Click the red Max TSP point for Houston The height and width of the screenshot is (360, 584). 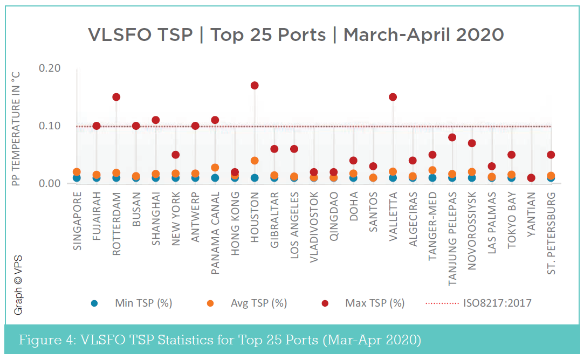pos(255,85)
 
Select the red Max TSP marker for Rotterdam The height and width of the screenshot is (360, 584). pos(116,97)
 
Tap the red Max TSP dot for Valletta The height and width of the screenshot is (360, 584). pos(393,97)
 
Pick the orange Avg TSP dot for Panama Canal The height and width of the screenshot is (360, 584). pos(215,168)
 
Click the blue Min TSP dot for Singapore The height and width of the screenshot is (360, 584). pos(77,178)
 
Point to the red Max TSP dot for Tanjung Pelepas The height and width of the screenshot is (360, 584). pos(452,137)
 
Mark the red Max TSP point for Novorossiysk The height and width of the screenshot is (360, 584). pos(472,143)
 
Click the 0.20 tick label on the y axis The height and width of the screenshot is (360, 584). pos(49,68)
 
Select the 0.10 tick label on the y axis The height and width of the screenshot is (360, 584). pos(49,126)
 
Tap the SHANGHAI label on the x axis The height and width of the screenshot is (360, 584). pos(156,219)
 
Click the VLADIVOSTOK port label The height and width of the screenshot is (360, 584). pos(314,227)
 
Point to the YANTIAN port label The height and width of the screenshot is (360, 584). pos(531,216)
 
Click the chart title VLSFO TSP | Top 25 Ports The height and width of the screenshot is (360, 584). pos(296,34)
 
